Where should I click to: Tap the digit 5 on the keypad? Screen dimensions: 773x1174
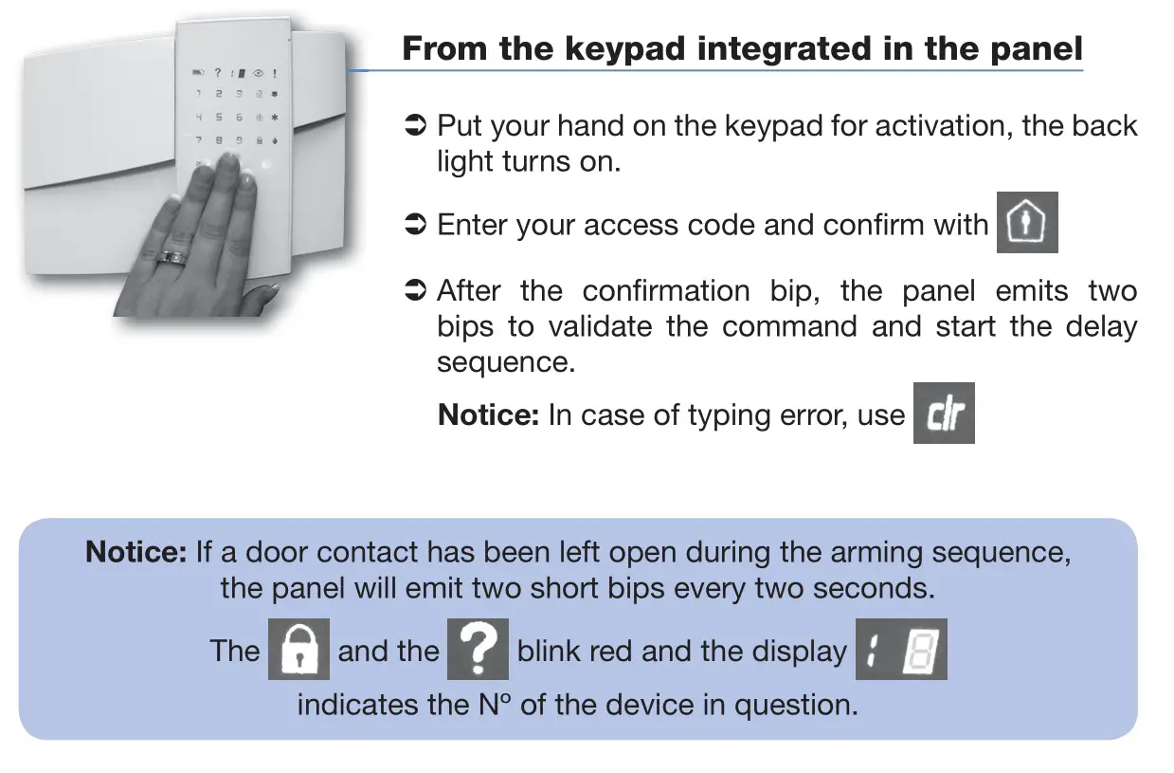219,118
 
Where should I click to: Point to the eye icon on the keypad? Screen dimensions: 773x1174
258,73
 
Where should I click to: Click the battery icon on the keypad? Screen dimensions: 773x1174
198,73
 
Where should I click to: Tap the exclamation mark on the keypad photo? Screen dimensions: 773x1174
275,73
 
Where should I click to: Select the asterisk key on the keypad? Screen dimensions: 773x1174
275,118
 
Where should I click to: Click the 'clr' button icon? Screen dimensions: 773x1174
944,413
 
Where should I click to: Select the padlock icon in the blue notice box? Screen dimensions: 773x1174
298,650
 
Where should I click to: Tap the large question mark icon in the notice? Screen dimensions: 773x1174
478,650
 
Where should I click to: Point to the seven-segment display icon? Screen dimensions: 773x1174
901,650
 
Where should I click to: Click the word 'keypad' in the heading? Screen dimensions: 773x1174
629,48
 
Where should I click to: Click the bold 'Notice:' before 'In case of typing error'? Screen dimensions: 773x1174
488,414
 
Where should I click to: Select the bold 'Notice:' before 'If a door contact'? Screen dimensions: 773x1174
136,552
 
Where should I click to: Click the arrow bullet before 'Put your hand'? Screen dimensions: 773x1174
415,126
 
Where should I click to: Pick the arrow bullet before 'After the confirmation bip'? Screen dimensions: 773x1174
415,291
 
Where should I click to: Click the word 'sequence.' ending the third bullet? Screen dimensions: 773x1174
505,362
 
